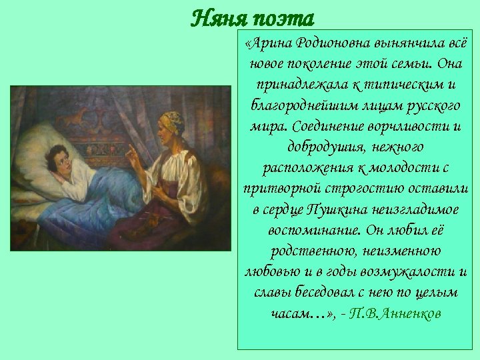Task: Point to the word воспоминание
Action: coord(305,231)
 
